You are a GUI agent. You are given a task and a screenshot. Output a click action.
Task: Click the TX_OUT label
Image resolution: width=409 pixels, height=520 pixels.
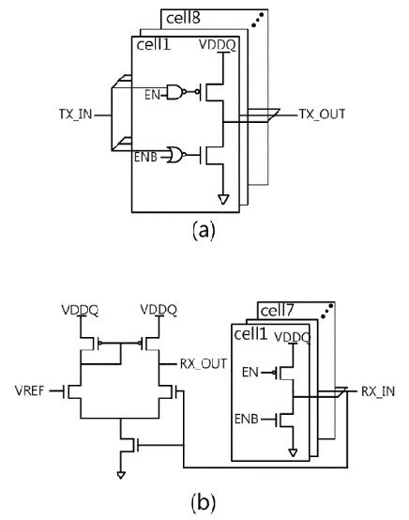[x=322, y=114]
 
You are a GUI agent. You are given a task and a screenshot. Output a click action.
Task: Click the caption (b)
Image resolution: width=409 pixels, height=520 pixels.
[x=201, y=505]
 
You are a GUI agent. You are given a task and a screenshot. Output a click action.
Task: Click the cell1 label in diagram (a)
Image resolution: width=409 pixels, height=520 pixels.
[x=153, y=44]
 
